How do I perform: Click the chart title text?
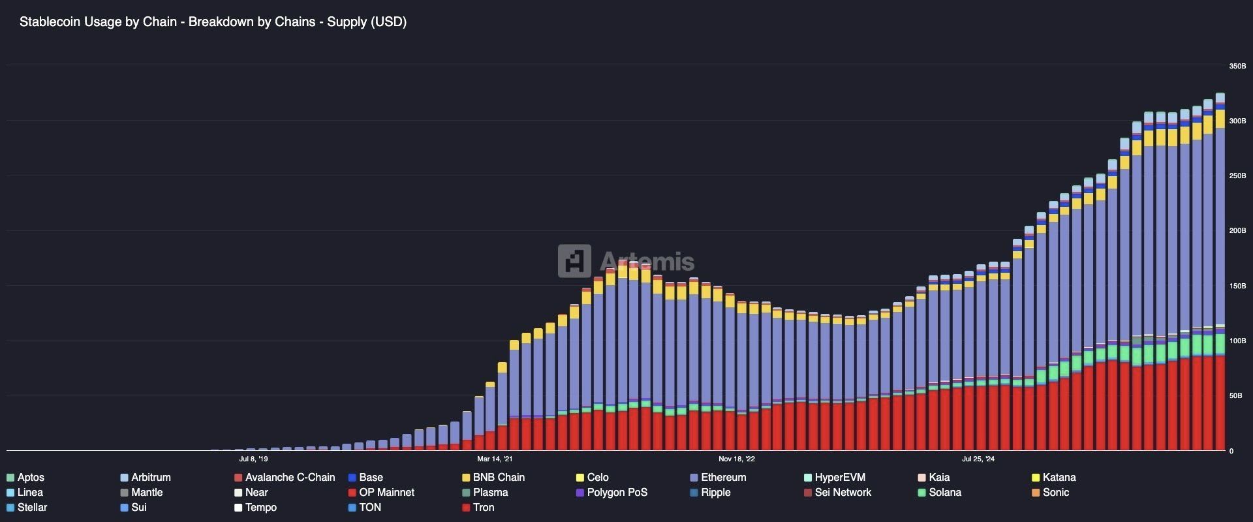pos(213,22)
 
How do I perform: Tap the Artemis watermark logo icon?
pos(574,261)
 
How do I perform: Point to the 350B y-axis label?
pos(1237,67)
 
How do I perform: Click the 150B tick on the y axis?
pos(1237,286)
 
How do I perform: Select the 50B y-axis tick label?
pos(1235,396)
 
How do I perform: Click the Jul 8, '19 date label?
pos(253,459)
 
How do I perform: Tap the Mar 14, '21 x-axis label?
pos(494,459)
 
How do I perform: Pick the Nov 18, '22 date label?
pos(736,459)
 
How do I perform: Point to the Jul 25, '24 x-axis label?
pos(978,459)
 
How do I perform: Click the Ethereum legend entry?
pos(722,478)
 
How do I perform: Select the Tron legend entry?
pos(483,508)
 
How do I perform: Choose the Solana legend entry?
pos(944,493)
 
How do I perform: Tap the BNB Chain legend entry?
pos(498,478)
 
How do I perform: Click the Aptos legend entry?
pos(30,478)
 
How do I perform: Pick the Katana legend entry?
pos(1059,478)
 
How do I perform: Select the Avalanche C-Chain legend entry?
pos(289,478)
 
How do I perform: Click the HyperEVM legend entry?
pos(839,478)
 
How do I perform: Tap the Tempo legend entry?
pos(260,508)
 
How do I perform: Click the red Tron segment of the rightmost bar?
pos(1220,405)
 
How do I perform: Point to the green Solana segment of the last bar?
pos(1220,344)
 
